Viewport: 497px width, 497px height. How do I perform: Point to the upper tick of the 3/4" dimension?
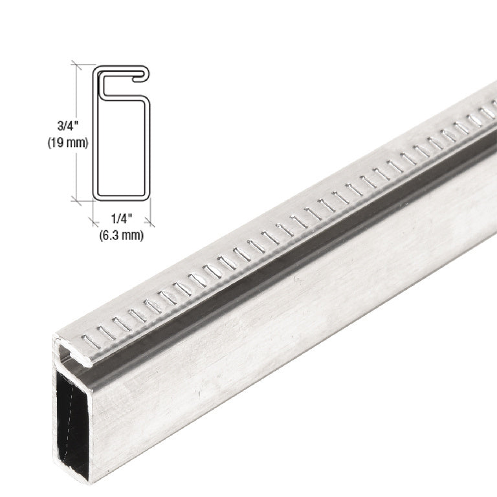coord(77,64)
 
